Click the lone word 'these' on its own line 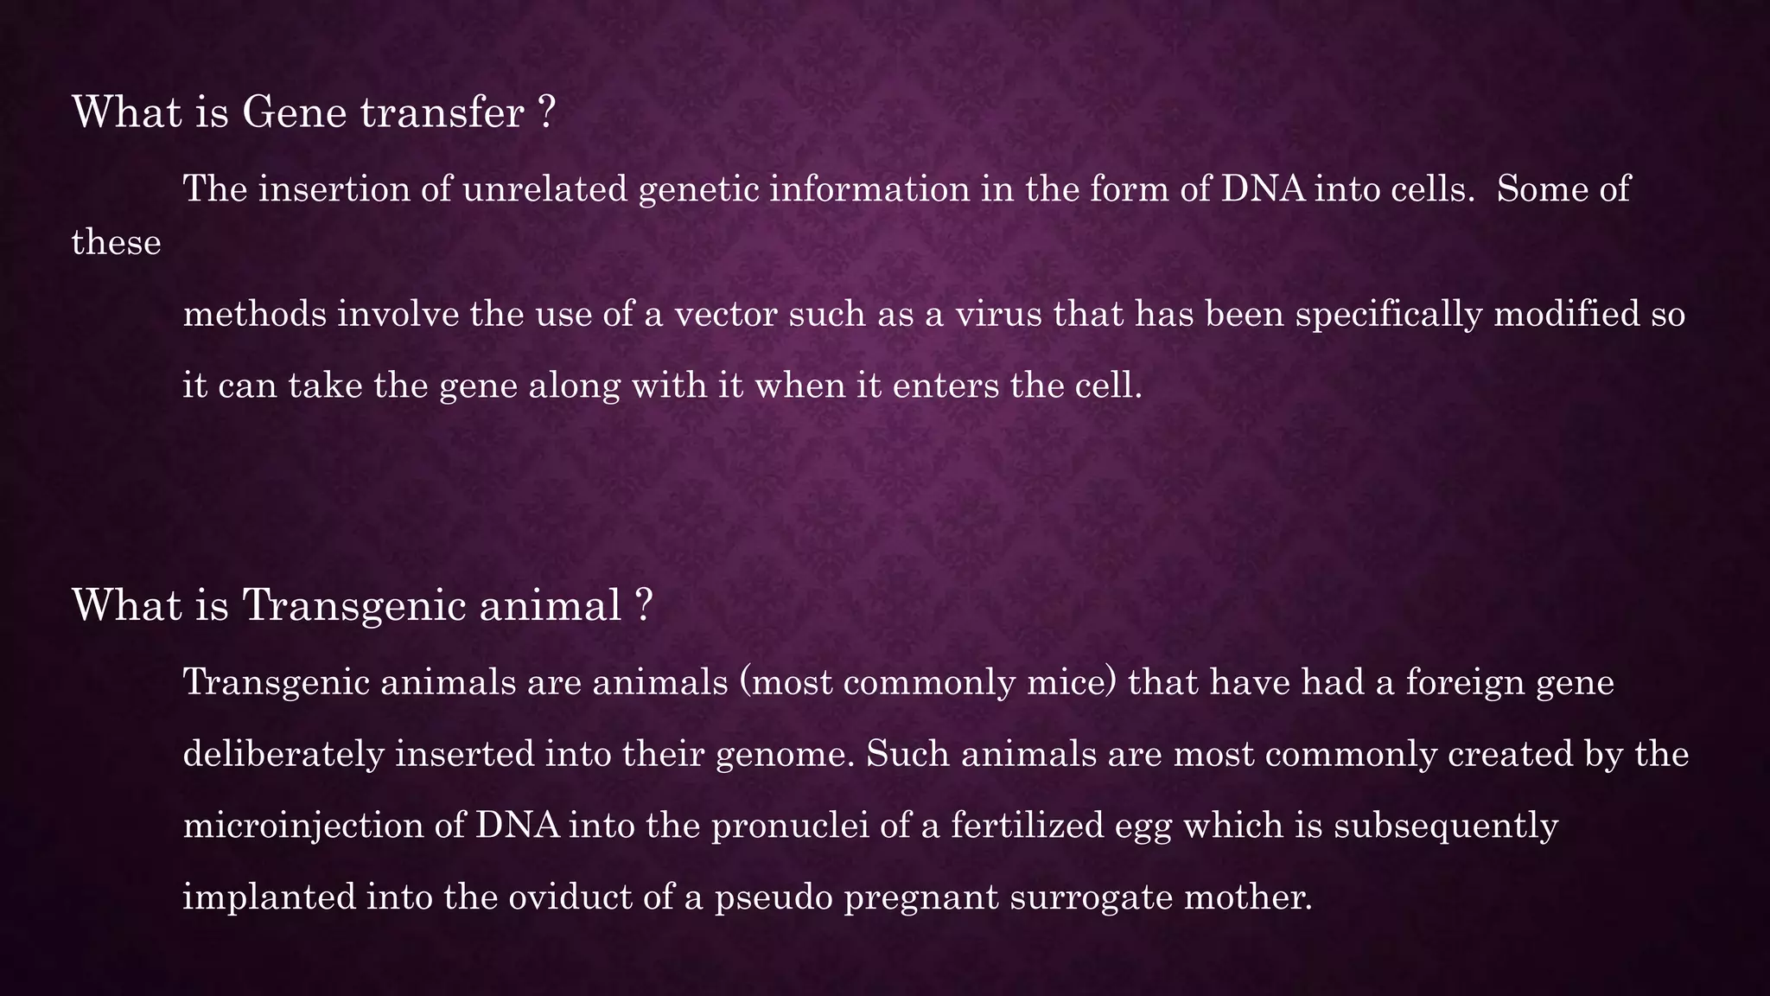(x=116, y=242)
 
